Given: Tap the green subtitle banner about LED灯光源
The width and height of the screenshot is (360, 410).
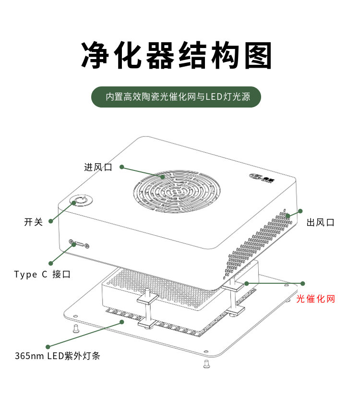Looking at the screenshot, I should click(177, 96).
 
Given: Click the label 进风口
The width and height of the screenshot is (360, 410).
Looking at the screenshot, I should click(98, 167).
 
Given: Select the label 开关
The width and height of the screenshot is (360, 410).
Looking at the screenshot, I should click(33, 222).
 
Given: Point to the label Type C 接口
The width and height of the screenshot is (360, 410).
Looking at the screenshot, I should click(42, 274).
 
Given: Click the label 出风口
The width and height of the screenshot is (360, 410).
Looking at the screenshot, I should click(320, 222).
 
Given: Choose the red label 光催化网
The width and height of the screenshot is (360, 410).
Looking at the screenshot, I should click(315, 299).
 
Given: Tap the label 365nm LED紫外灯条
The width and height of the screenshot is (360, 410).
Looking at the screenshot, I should click(57, 356).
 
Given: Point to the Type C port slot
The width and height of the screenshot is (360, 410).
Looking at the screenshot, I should click(79, 244).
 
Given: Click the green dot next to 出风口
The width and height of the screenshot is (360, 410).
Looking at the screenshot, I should click(301, 211).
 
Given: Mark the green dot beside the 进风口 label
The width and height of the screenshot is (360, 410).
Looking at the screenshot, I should click(122, 167).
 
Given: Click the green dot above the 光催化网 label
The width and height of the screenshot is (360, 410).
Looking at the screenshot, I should click(303, 283).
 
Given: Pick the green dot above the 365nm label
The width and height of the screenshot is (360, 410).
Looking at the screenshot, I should click(48, 346).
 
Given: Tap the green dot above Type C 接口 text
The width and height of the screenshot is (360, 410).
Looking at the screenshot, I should click(50, 263).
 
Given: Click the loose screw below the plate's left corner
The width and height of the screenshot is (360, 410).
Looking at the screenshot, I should click(75, 329).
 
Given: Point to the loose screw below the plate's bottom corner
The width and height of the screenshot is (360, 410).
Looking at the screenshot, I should click(206, 364).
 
